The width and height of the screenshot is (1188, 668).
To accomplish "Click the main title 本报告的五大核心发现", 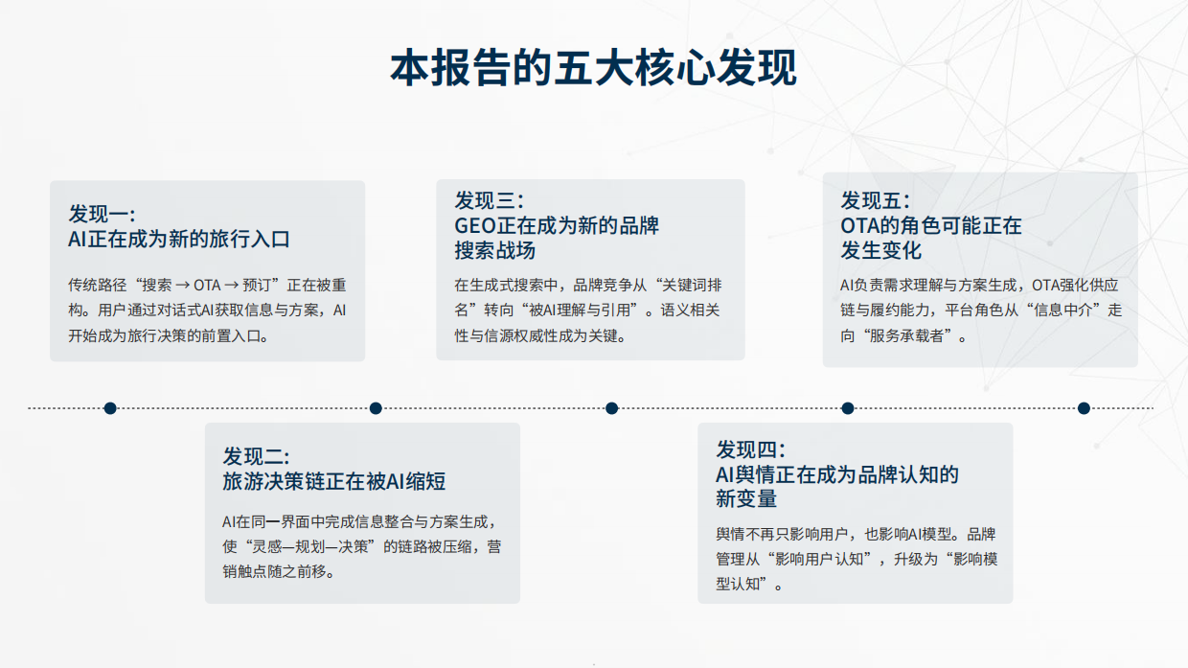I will click(x=593, y=69).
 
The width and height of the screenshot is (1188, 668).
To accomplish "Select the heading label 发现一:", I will click(x=102, y=214).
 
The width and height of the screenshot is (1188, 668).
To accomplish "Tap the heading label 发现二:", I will click(x=257, y=455).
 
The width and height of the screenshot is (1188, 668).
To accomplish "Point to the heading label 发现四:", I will click(x=750, y=449).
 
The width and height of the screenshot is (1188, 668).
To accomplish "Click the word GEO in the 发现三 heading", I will click(x=474, y=226).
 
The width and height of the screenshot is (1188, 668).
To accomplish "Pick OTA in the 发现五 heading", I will click(x=860, y=226).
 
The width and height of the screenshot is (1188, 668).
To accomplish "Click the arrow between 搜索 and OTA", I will click(x=181, y=285).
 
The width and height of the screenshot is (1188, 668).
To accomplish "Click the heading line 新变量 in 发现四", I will click(x=746, y=498).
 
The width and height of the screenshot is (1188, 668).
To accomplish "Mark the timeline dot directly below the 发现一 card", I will click(x=110, y=408).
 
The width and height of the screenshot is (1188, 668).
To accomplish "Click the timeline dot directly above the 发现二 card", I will click(x=376, y=408).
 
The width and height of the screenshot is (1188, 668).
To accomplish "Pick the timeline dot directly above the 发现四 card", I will click(x=848, y=408).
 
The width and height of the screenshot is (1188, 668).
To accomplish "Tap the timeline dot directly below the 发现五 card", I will click(x=1084, y=408).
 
